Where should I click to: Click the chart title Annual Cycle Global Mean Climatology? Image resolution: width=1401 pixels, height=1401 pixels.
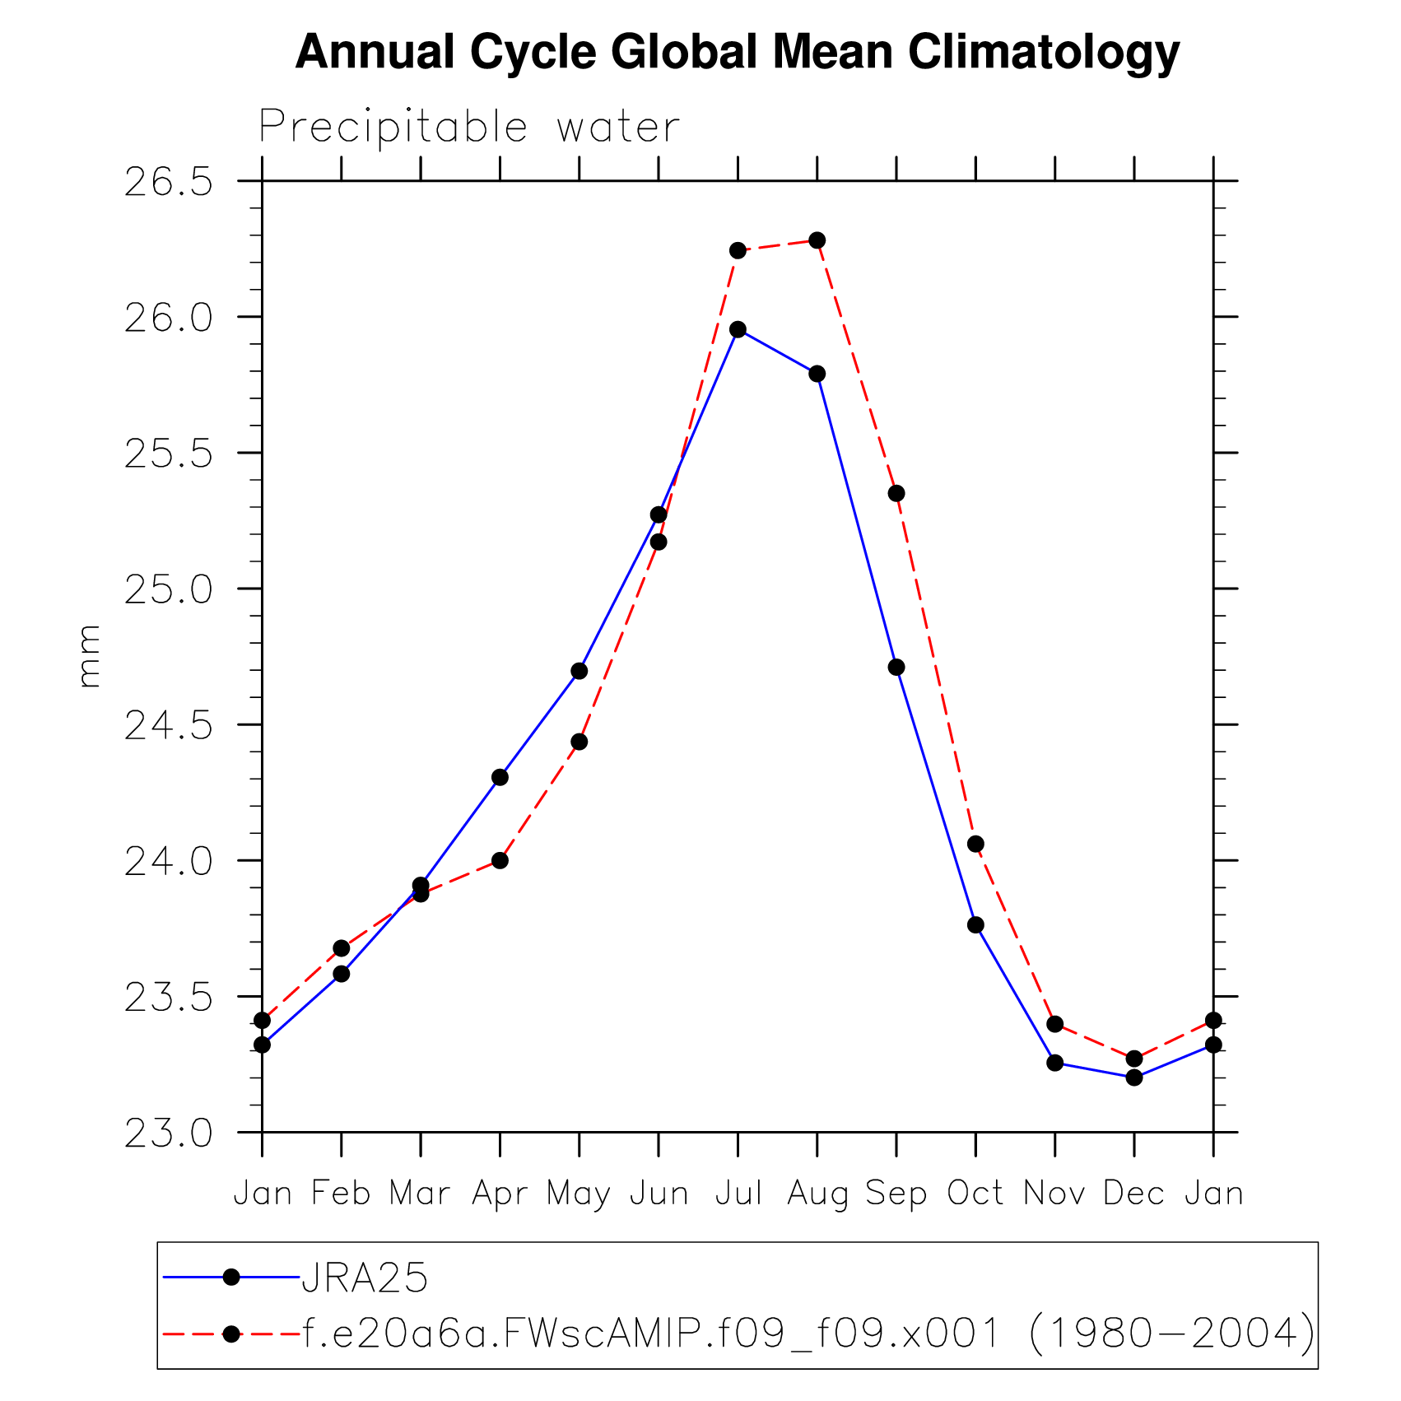coord(738,53)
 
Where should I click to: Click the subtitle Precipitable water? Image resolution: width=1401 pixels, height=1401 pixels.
coord(469,128)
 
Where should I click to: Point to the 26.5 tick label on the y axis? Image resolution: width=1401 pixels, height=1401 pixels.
coord(168,182)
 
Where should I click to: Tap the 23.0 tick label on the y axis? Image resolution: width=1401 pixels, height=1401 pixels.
coord(168,1133)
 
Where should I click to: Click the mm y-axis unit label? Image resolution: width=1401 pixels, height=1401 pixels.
coord(88,656)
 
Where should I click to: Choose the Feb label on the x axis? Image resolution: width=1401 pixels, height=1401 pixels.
coord(341,1194)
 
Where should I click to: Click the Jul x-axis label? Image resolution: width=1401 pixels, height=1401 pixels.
coord(738,1194)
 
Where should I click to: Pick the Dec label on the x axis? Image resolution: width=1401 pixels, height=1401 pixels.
coord(1133,1194)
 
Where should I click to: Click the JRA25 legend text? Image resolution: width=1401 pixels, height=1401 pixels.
coord(365,1278)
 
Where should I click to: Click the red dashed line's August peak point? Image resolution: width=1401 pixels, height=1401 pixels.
coord(817,240)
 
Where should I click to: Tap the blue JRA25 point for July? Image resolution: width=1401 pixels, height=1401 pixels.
coord(738,329)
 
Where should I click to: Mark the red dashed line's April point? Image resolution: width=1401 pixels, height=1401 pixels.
coord(500,860)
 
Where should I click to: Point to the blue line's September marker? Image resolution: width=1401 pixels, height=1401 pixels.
coord(896,667)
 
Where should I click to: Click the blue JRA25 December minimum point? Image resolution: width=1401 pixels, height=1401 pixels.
coord(1134,1077)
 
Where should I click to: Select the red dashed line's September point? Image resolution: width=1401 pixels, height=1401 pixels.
coord(896,493)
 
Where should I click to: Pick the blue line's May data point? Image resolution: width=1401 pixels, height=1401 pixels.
coord(579,671)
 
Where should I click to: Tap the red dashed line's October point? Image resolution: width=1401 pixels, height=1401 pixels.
coord(975,844)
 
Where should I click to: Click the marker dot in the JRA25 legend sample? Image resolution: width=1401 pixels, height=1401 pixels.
coord(231,1277)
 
